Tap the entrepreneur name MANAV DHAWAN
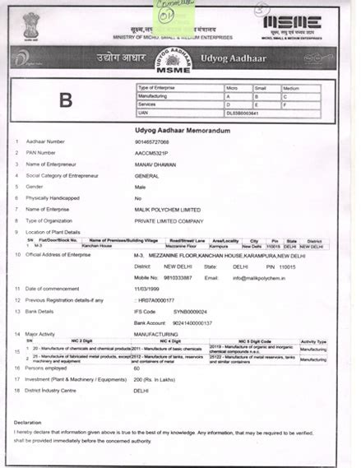(x=155, y=164)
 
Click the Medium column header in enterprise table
(x=289, y=87)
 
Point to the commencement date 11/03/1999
(x=150, y=290)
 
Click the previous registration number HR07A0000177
(x=155, y=301)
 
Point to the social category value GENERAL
(x=148, y=175)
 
